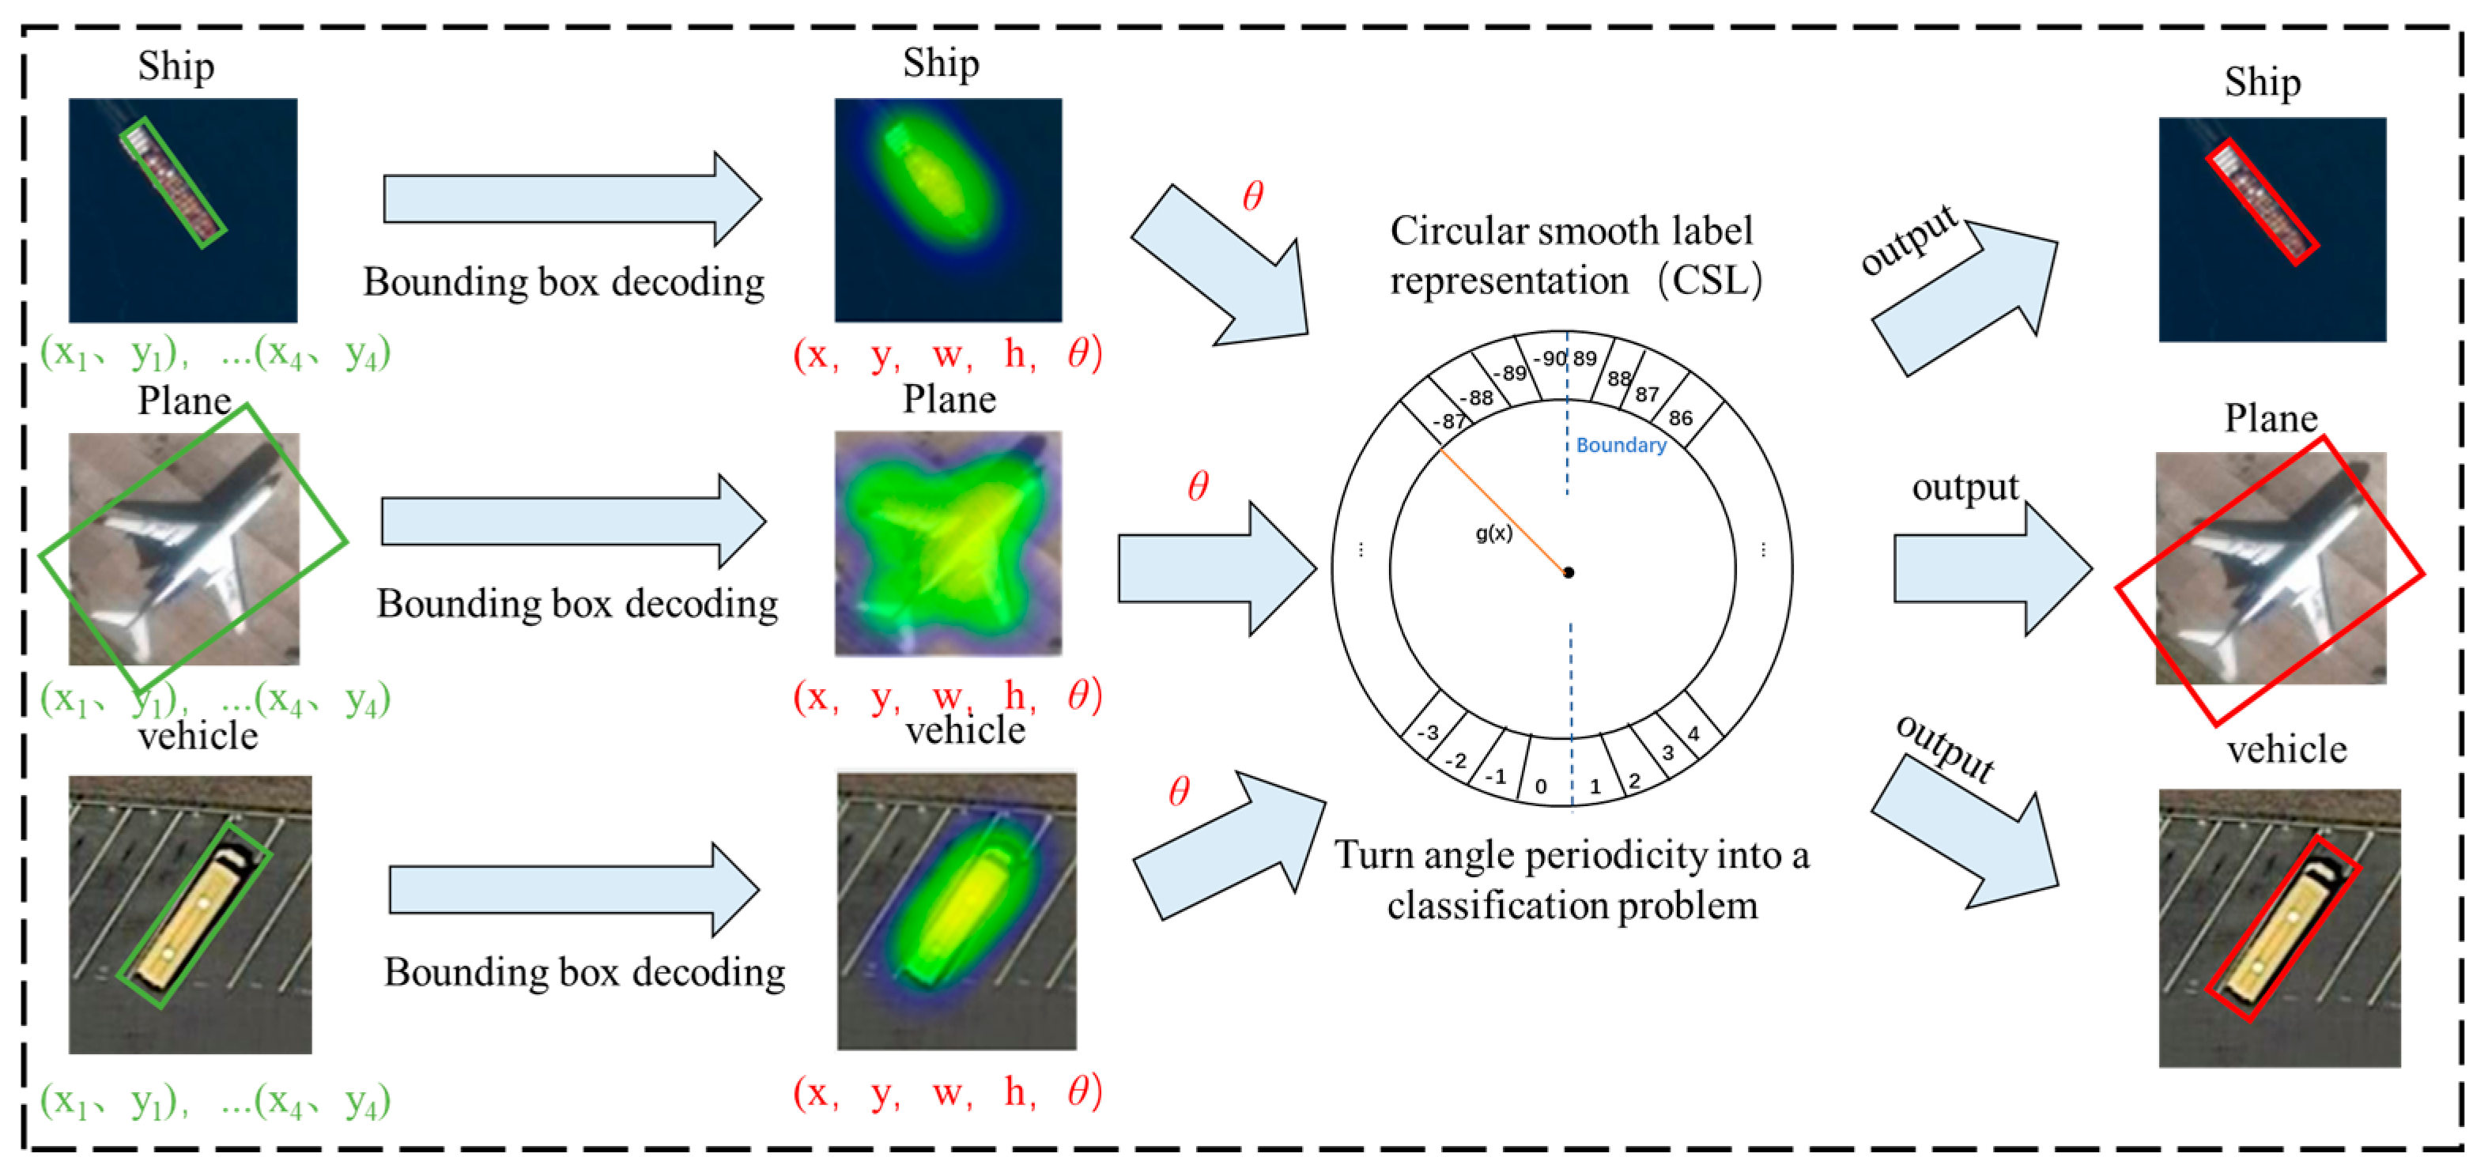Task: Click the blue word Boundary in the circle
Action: coord(1621,445)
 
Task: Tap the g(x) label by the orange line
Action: coord(1493,533)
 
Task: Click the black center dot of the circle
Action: coord(1569,572)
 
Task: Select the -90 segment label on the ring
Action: coord(1550,358)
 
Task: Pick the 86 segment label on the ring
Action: coord(1681,418)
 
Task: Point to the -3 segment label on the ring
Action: coord(1429,733)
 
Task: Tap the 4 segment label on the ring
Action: coord(1693,733)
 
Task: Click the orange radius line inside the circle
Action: coord(1502,511)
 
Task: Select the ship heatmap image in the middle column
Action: coord(947,209)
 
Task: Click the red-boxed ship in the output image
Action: coord(2261,201)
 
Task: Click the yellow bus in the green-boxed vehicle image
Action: coord(193,914)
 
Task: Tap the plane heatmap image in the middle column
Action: coord(947,544)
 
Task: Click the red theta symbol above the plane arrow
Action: coord(1198,486)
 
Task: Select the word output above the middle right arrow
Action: coord(1965,487)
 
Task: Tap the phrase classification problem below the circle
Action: coord(1572,906)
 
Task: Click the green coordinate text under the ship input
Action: coord(214,353)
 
